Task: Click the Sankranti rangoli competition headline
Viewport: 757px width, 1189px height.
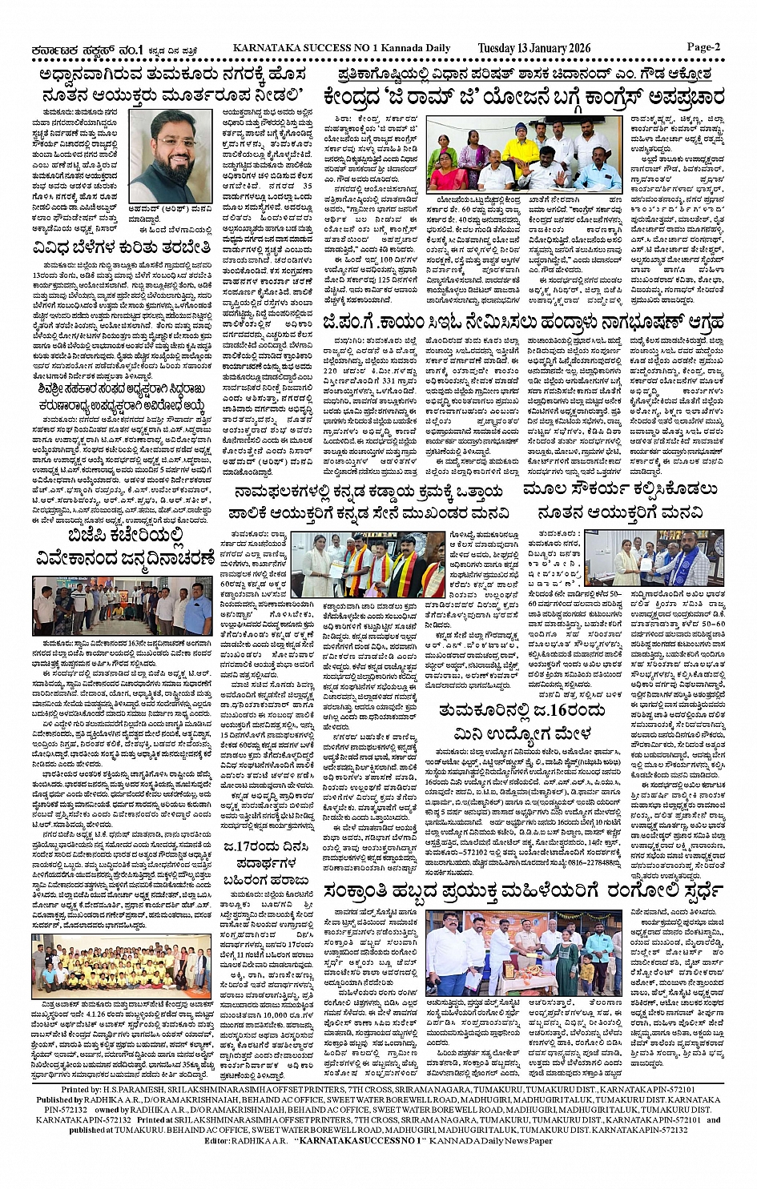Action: (524, 891)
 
